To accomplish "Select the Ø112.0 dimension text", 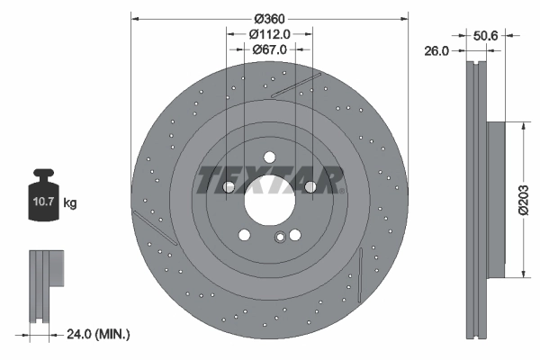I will click(269, 34).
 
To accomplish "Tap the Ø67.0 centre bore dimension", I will click(269, 49).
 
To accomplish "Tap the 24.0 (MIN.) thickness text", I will click(98, 334).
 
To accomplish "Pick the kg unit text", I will click(70, 203).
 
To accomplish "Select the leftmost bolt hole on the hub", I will click(228, 187).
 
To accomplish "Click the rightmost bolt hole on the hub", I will click(310, 187).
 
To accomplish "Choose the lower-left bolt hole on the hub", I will click(244, 236).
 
